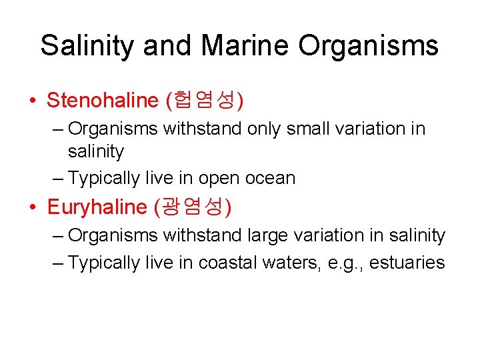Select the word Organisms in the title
click(368, 46)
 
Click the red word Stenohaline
click(101, 101)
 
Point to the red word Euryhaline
click(97, 207)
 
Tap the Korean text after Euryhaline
click(193, 207)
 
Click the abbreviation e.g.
click(343, 263)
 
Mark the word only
click(264, 128)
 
